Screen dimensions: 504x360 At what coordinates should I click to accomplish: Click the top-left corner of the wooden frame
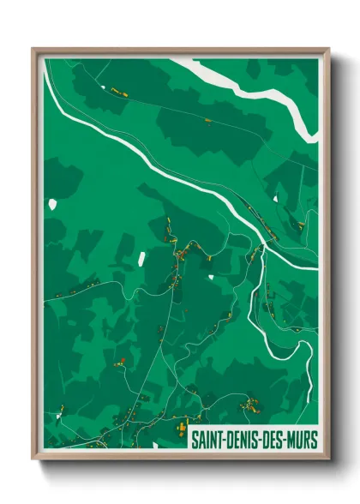pyautogui.click(x=33, y=49)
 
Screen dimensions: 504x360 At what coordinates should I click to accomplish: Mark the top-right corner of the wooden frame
pyautogui.click(x=328, y=49)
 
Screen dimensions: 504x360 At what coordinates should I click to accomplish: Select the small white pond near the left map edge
pyautogui.click(x=52, y=205)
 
